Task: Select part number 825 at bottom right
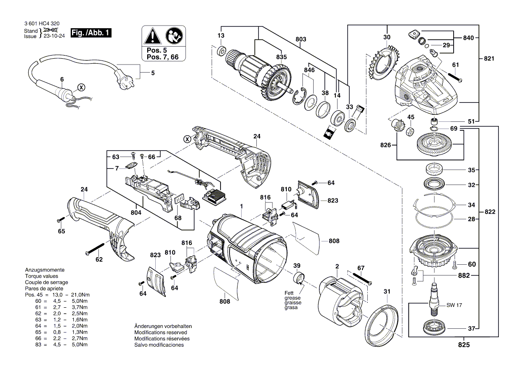pyautogui.click(x=464, y=345)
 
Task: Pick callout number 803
pyautogui.click(x=301, y=39)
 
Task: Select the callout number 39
pyautogui.click(x=297, y=266)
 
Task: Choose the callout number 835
pyautogui.click(x=281, y=57)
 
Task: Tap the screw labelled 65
pyautogui.click(x=60, y=220)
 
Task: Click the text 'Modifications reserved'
pyautogui.click(x=161, y=332)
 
